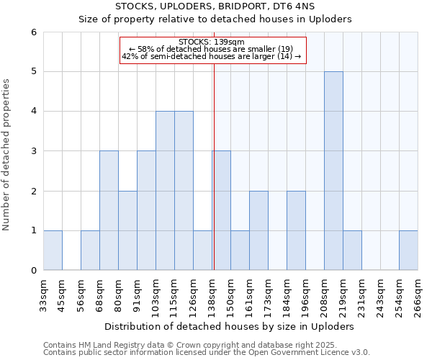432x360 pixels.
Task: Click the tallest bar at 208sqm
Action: pos(333,171)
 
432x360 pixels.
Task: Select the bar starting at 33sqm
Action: pos(53,251)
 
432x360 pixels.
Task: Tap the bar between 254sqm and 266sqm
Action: pos(408,251)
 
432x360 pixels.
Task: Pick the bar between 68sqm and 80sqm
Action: pos(109,210)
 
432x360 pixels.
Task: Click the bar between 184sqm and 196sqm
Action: pos(296,230)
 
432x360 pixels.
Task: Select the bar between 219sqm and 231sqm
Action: pos(352,251)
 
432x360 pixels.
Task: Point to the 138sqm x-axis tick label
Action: pos(212,293)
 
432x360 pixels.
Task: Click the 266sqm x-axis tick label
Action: pos(418,293)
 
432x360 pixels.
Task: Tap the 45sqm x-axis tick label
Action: pos(62,293)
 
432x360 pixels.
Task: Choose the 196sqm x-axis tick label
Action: pos(305,293)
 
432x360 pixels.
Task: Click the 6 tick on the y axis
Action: pos(33,32)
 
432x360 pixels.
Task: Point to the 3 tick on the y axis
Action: pos(33,151)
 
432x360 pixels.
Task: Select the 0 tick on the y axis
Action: pos(33,271)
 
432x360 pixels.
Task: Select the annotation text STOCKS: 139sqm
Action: pos(212,42)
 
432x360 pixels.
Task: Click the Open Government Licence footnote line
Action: pos(207,353)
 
